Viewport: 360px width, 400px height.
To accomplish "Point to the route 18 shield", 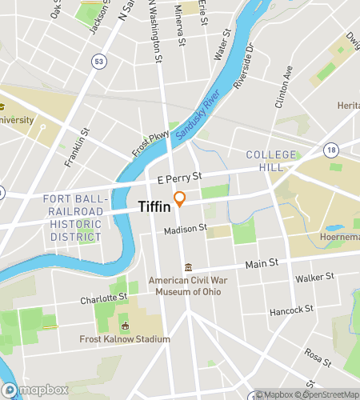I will (330, 149).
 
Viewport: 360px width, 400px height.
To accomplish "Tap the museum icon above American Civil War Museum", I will (189, 267).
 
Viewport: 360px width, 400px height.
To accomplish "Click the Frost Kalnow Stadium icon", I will (125, 326).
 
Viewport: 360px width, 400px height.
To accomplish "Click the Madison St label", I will (186, 230).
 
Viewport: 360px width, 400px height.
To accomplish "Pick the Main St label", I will (261, 262).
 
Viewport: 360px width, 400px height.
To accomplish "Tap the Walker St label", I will (314, 278).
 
